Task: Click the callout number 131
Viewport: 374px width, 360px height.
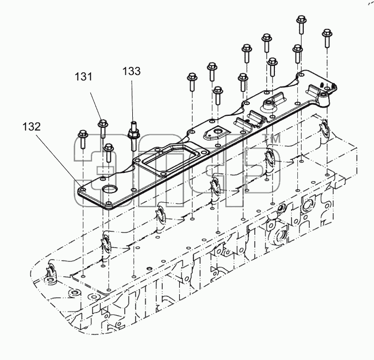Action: pos(83,77)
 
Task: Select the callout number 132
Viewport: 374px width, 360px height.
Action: pos(32,127)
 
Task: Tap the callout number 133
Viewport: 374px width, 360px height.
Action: pos(132,71)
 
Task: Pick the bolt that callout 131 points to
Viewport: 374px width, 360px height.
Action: pos(103,128)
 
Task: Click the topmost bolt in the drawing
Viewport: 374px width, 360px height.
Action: pos(302,24)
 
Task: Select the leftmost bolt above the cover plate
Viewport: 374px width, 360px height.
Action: pos(83,139)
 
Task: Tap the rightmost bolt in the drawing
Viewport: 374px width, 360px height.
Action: pos(327,38)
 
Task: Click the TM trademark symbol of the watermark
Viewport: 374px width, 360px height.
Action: pos(274,139)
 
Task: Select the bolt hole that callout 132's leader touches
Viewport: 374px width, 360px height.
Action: pos(83,190)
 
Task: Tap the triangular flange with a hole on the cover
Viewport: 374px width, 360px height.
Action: pos(215,134)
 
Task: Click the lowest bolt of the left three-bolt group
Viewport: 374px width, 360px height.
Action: pos(108,153)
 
